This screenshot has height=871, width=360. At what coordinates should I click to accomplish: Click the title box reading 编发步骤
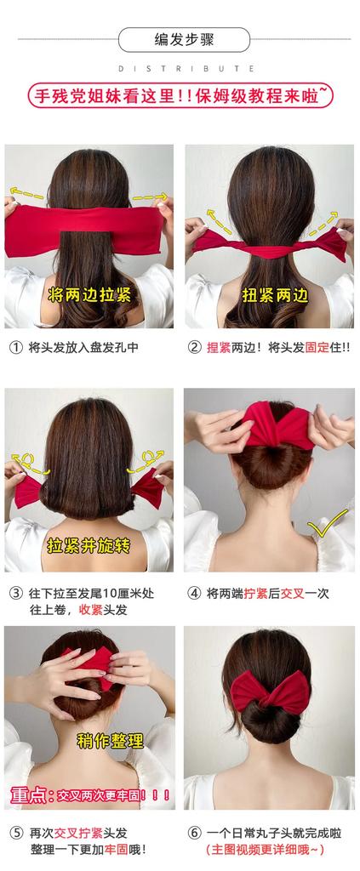tap(184, 40)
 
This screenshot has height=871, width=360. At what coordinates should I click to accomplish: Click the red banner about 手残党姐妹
tap(180, 97)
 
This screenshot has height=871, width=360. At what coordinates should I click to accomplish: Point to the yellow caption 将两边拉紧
tap(89, 295)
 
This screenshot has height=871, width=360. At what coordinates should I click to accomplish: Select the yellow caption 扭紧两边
tap(268, 295)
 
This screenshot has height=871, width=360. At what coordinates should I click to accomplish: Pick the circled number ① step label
tap(16, 347)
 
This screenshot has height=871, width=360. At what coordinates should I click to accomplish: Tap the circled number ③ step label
tap(16, 593)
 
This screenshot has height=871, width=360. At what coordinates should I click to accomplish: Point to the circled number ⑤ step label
tap(16, 833)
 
